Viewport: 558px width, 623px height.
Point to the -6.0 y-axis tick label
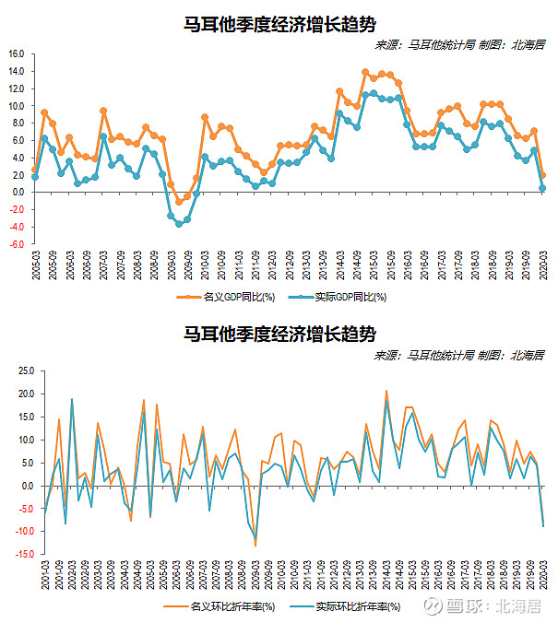point(16,245)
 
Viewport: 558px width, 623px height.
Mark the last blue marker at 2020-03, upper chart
point(541,188)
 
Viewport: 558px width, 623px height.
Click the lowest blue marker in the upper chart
point(179,224)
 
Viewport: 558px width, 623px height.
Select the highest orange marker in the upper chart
point(365,72)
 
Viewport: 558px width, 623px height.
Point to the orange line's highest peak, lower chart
point(386,391)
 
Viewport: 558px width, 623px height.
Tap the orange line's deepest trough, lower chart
point(255,546)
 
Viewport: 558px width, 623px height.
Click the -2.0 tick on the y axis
point(16,210)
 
